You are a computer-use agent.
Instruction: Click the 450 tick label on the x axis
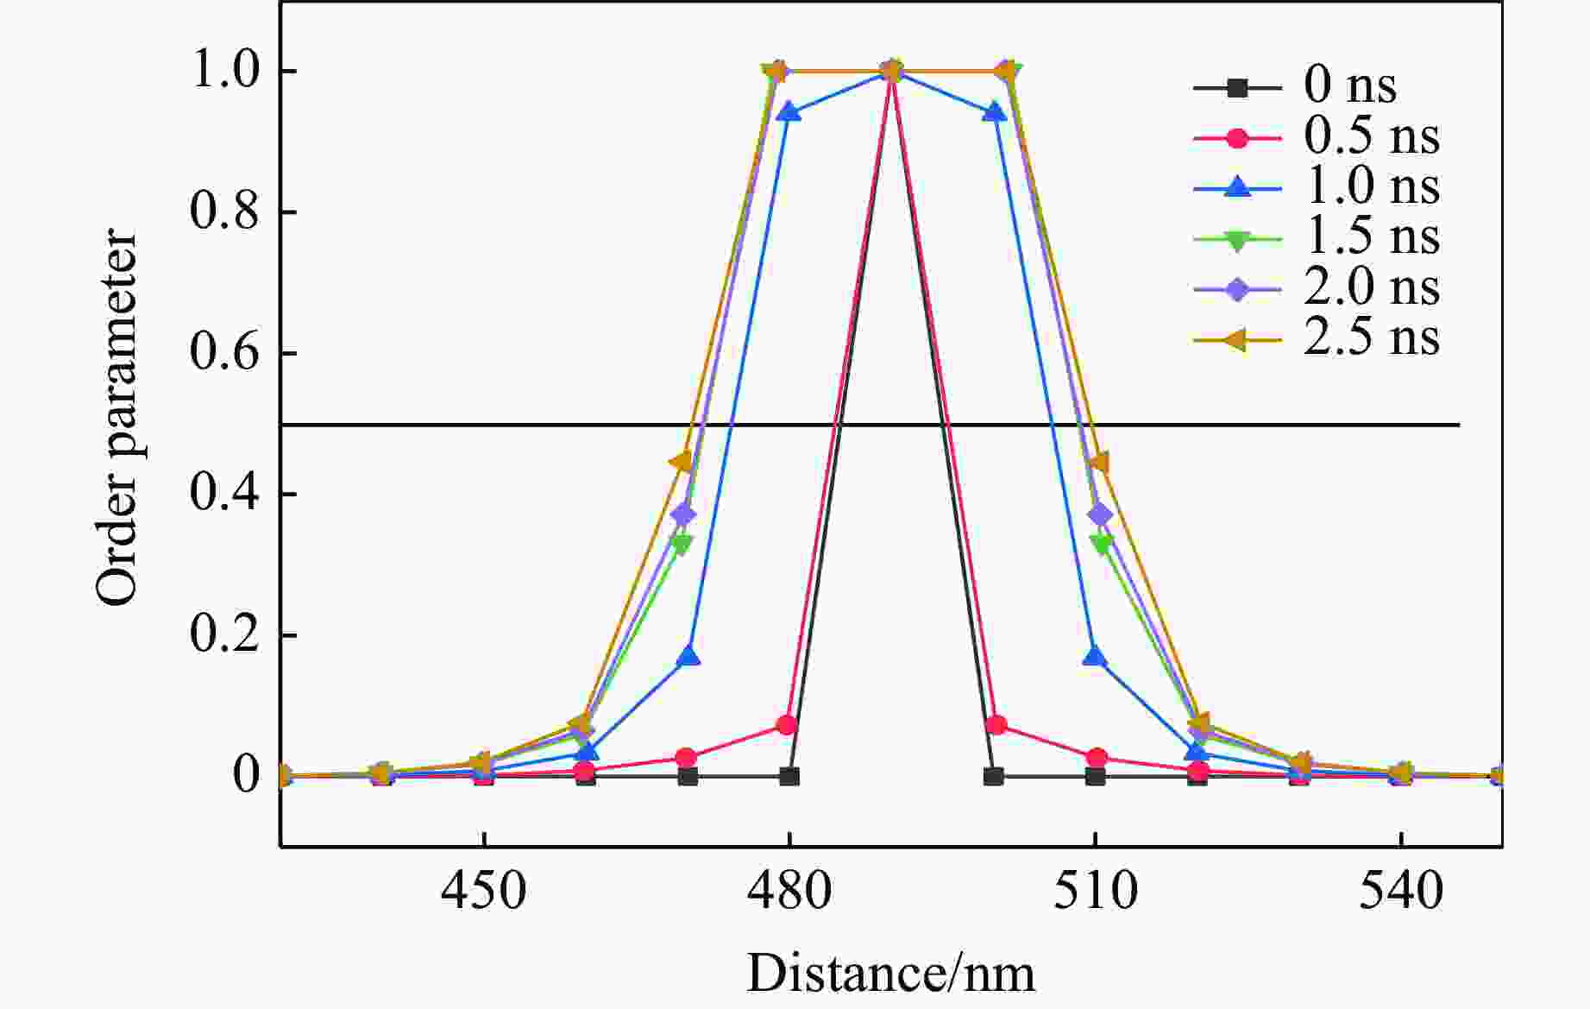click(483, 892)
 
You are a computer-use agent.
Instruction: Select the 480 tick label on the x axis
click(789, 892)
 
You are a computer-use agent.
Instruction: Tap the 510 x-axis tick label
click(1095, 892)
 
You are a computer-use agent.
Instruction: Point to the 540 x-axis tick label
click(1401, 892)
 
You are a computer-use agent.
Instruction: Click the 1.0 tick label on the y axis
click(224, 71)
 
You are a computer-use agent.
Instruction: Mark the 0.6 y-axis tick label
click(224, 353)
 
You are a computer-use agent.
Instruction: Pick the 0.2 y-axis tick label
click(224, 635)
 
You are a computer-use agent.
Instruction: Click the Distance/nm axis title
click(890, 974)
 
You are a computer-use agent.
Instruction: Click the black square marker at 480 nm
click(789, 776)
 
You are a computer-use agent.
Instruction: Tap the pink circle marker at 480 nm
click(786, 725)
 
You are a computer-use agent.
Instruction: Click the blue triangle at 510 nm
click(1095, 657)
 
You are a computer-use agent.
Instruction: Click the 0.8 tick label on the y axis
click(224, 212)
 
